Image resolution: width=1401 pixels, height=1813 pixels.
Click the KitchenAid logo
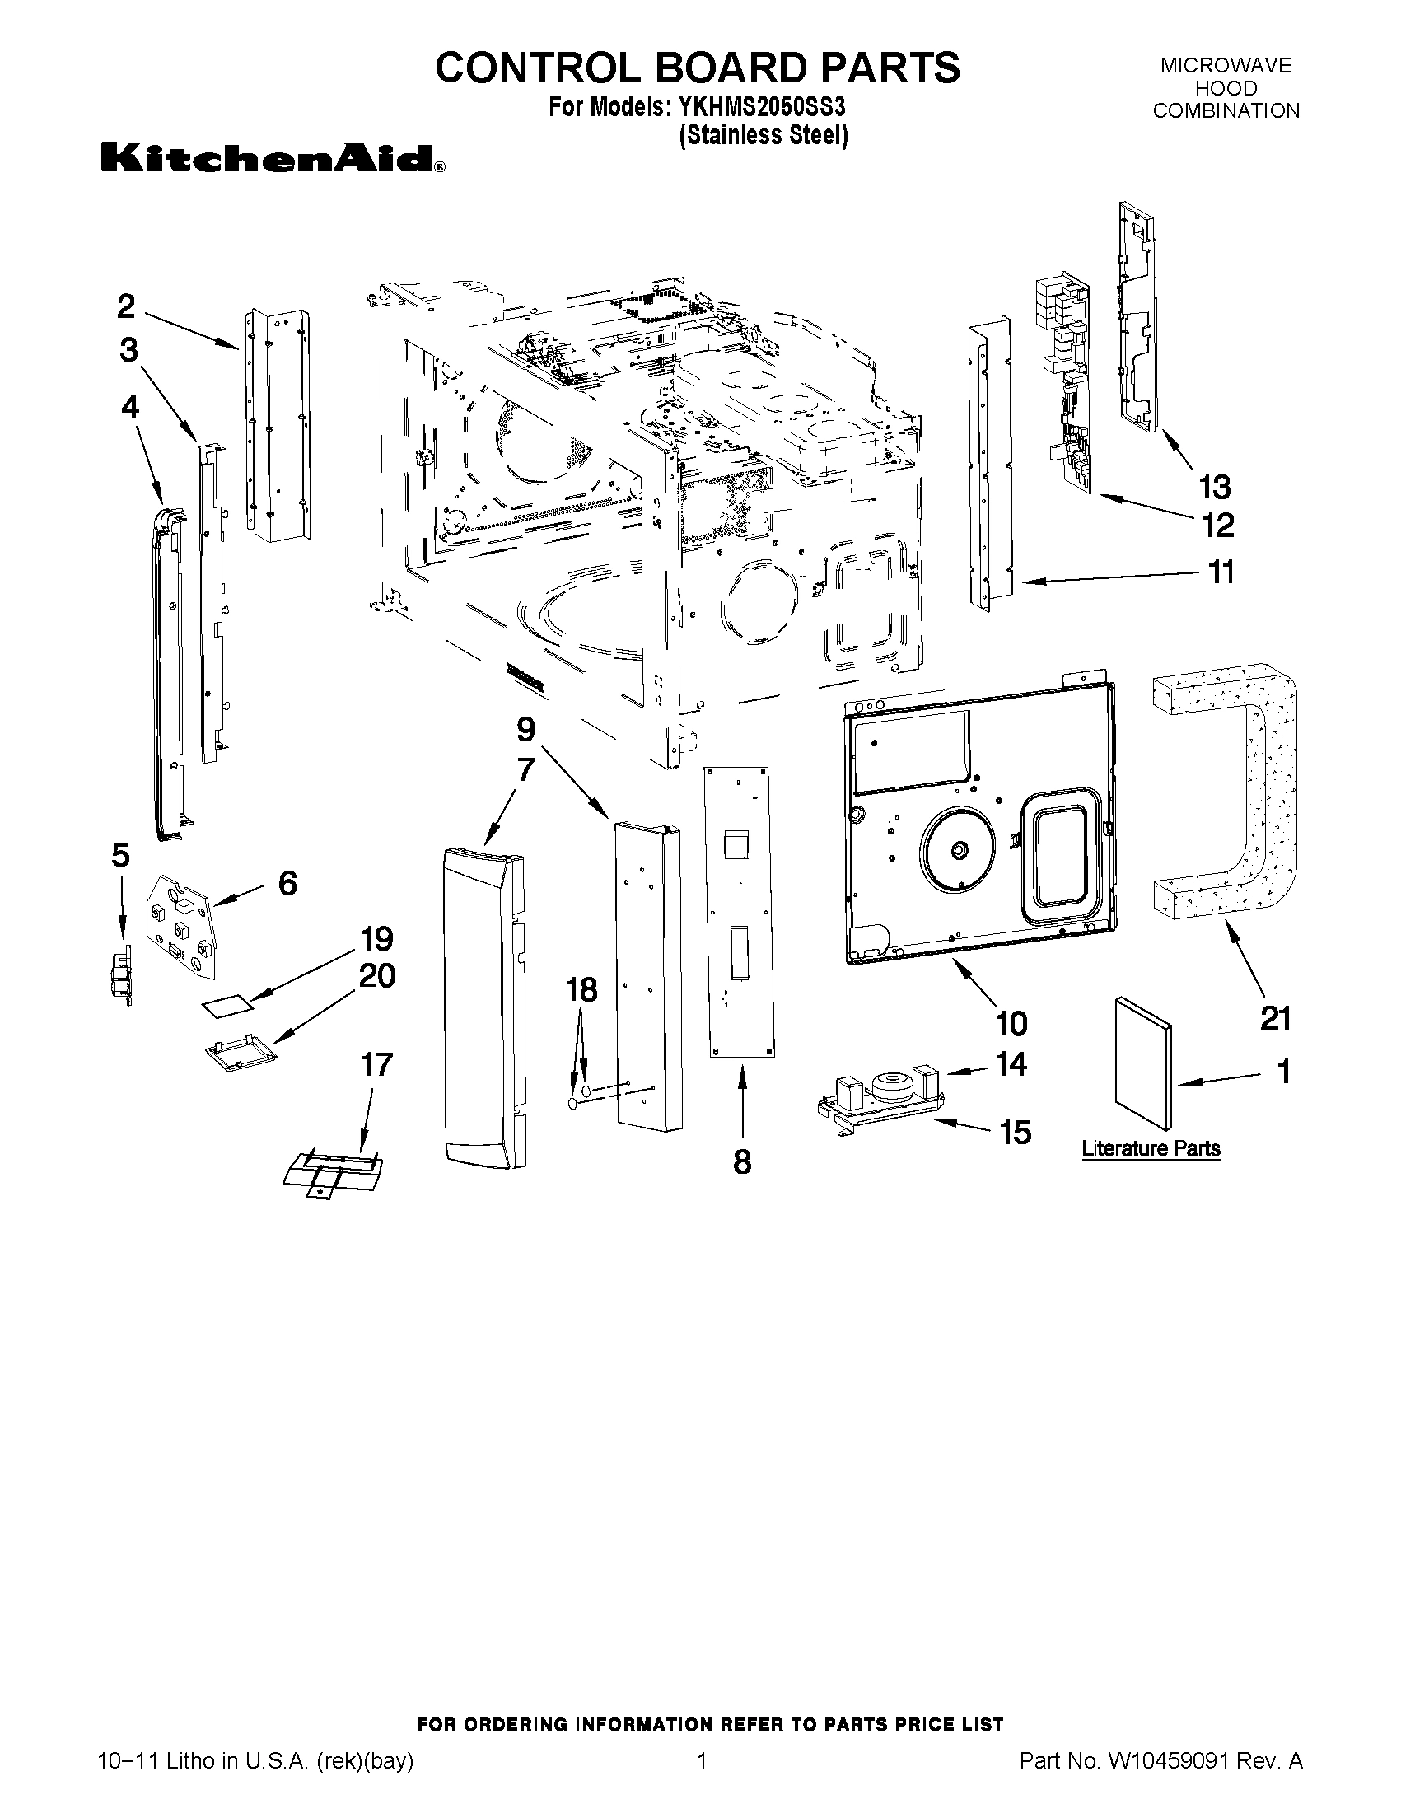[273, 157]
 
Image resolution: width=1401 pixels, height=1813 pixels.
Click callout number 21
[1275, 1018]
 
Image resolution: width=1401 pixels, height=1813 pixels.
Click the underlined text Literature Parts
[1151, 1149]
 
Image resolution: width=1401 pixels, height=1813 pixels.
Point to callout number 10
[1011, 1025]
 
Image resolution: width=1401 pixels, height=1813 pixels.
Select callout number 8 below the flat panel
[742, 1161]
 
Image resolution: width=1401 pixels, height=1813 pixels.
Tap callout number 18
[581, 989]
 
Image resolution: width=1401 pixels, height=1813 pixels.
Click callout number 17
[376, 1064]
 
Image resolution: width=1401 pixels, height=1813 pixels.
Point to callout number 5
[121, 855]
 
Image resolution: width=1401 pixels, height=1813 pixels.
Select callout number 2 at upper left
[126, 306]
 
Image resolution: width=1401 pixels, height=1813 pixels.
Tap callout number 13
[1214, 488]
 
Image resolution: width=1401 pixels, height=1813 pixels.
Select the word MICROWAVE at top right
[1225, 67]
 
